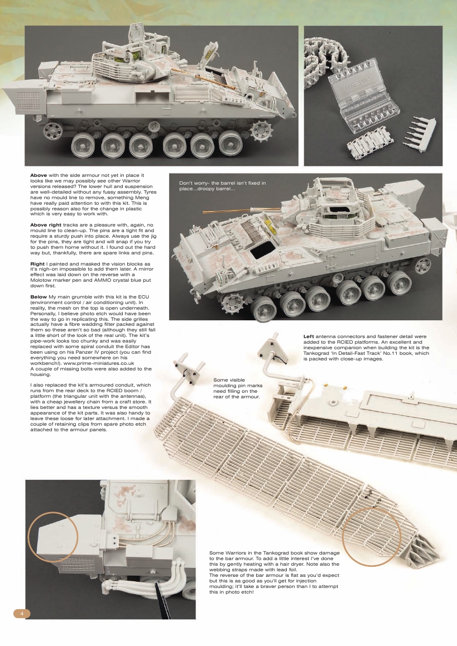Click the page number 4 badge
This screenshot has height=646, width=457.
pos(21,613)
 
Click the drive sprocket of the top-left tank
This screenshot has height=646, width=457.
pos(259,132)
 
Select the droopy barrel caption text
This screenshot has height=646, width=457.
pos(222,186)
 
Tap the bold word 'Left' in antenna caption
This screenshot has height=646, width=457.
pos(309,336)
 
